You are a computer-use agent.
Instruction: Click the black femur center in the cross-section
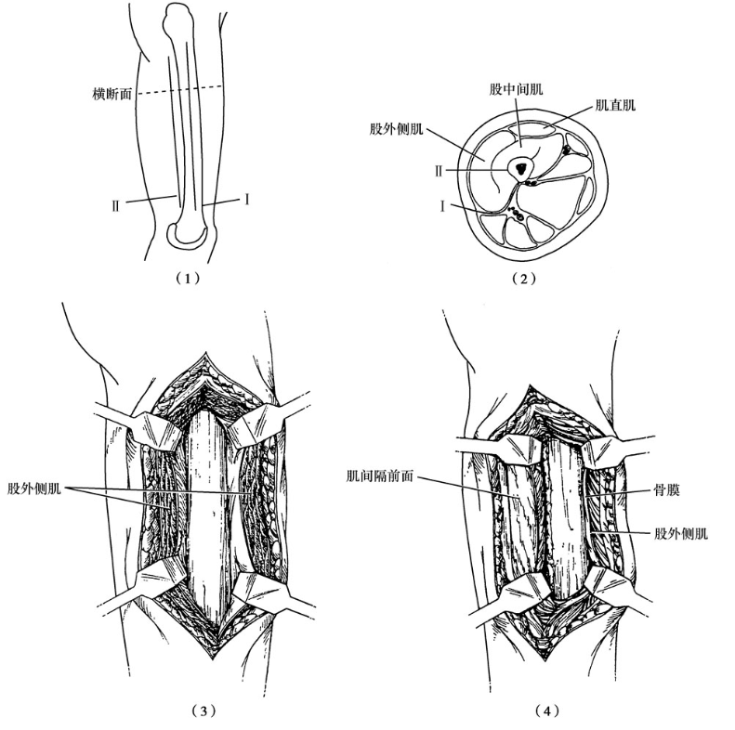click(x=520, y=168)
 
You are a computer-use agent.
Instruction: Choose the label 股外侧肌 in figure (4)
click(x=682, y=534)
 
